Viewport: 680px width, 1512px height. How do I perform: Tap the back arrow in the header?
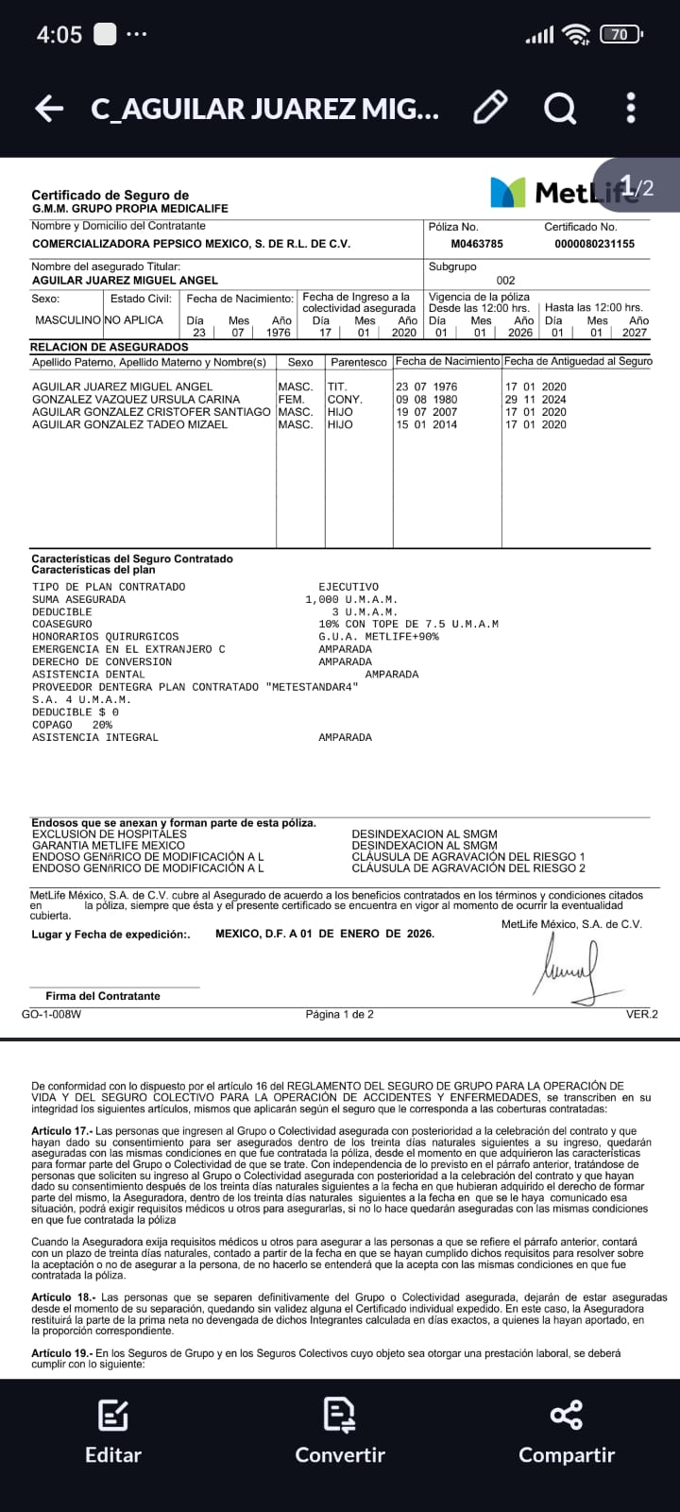pos(49,109)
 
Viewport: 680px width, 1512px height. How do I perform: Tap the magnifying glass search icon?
pos(560,109)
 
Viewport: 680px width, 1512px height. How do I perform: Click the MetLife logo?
pos(557,192)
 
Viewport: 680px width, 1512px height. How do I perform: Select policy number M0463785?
pos(477,244)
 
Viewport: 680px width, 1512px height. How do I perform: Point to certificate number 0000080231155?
pos(594,244)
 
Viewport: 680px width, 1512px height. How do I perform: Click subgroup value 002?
pos(506,281)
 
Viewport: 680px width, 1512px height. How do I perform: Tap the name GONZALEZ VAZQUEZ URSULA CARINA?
pos(136,400)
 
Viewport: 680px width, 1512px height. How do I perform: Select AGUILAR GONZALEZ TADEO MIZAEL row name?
pos(129,425)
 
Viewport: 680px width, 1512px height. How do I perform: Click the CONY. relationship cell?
pos(345,400)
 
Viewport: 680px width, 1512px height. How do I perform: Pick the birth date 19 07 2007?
pos(426,412)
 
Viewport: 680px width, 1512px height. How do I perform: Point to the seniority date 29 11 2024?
pos(535,400)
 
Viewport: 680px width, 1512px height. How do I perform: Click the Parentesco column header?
pos(359,362)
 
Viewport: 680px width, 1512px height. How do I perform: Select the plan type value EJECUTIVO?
pos(348,587)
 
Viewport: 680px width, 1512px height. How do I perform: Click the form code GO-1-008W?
pos(51,1014)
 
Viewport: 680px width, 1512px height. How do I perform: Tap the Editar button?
pos(113,1433)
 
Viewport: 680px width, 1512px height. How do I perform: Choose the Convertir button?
pos(340,1433)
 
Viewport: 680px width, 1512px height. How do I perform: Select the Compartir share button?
pos(567,1433)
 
